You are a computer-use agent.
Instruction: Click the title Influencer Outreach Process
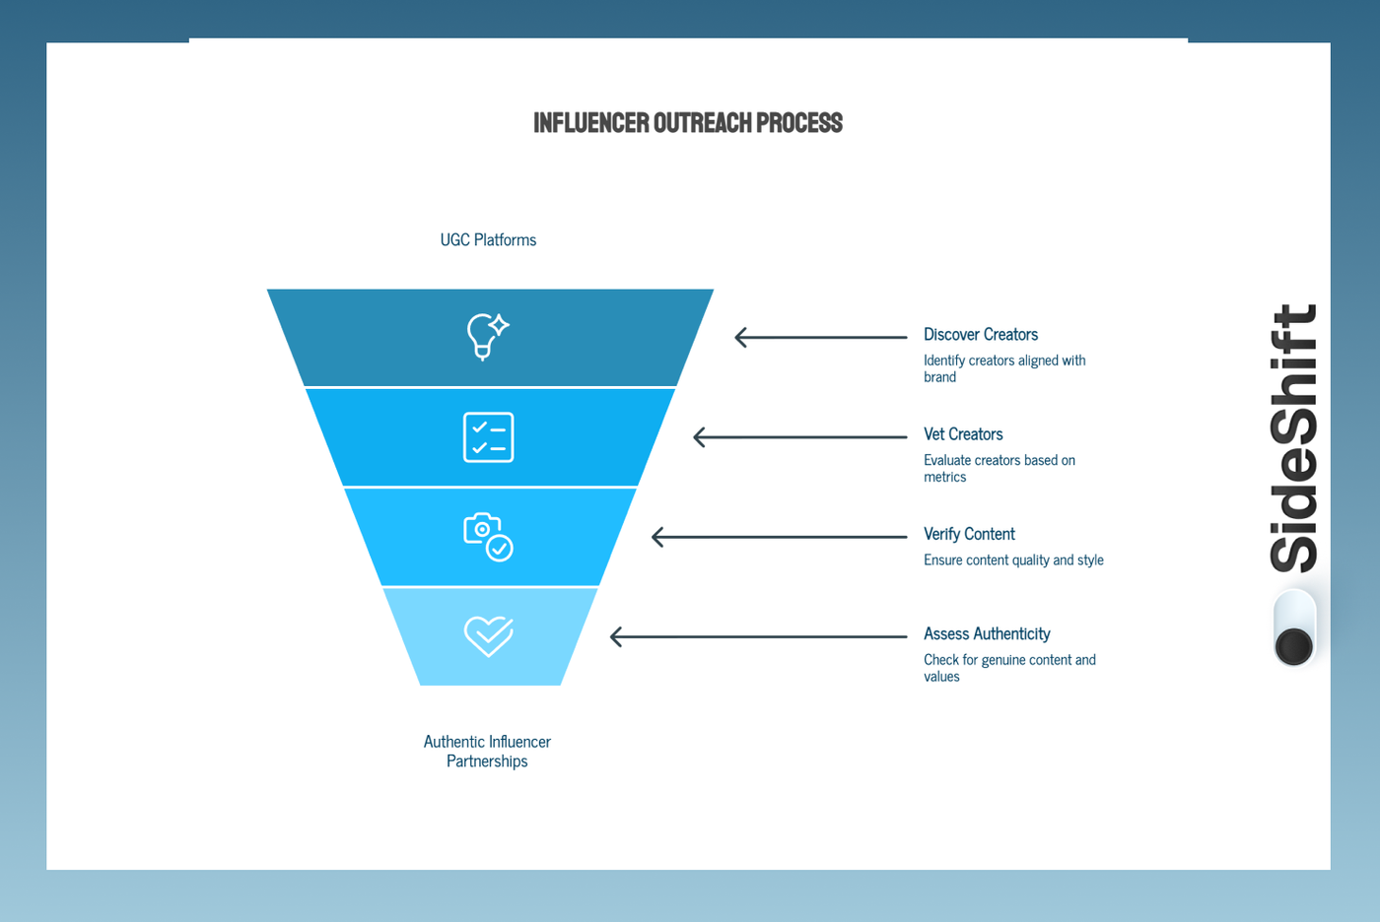(x=687, y=123)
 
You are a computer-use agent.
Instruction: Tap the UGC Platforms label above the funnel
(x=488, y=240)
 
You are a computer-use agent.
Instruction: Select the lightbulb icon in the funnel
(x=487, y=336)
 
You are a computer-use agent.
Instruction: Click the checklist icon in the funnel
(x=488, y=437)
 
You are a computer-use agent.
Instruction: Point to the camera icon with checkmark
(x=488, y=537)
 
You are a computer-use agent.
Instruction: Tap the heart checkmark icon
(x=488, y=636)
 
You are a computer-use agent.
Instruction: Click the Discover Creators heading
(x=980, y=335)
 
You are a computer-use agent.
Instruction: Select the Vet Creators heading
(x=962, y=434)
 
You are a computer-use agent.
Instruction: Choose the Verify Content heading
(x=968, y=534)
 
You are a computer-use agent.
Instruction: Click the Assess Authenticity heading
(x=986, y=633)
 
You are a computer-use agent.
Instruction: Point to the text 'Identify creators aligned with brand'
(x=1003, y=368)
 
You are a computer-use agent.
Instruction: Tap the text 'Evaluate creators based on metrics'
(x=999, y=468)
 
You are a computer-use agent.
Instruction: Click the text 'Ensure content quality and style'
(x=1012, y=560)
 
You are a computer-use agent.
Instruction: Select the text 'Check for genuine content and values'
(x=1008, y=668)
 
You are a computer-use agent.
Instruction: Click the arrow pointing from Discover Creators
(x=820, y=337)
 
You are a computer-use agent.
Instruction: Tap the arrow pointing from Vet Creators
(x=799, y=437)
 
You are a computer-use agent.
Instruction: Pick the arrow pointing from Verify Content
(x=779, y=537)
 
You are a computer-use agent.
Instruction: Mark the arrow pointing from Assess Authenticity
(x=758, y=636)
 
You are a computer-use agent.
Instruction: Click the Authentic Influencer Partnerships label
(x=487, y=751)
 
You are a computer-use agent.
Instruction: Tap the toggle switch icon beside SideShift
(x=1293, y=627)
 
